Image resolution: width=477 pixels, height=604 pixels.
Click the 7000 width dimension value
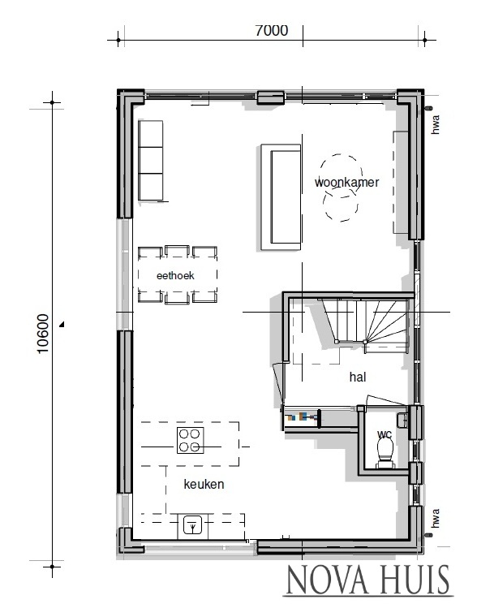pos(271,31)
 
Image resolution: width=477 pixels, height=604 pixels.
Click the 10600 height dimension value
pos(42,332)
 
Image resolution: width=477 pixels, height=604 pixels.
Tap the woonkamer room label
pos(346,183)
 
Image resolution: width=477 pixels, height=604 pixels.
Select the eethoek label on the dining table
pos(175,276)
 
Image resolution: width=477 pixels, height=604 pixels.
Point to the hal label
pos(359,377)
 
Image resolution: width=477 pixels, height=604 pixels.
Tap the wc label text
pos(385,435)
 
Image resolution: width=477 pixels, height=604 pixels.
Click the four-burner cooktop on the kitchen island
pos(191,440)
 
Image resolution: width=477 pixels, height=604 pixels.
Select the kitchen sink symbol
pos(192,525)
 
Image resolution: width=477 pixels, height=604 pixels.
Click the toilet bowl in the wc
pos(385,451)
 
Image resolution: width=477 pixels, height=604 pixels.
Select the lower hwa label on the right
pos(436,518)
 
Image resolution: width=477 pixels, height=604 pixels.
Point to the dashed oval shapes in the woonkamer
pos(341,188)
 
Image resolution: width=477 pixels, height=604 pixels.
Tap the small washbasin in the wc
pos(402,419)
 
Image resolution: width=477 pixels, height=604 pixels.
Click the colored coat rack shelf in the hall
pos(301,417)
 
